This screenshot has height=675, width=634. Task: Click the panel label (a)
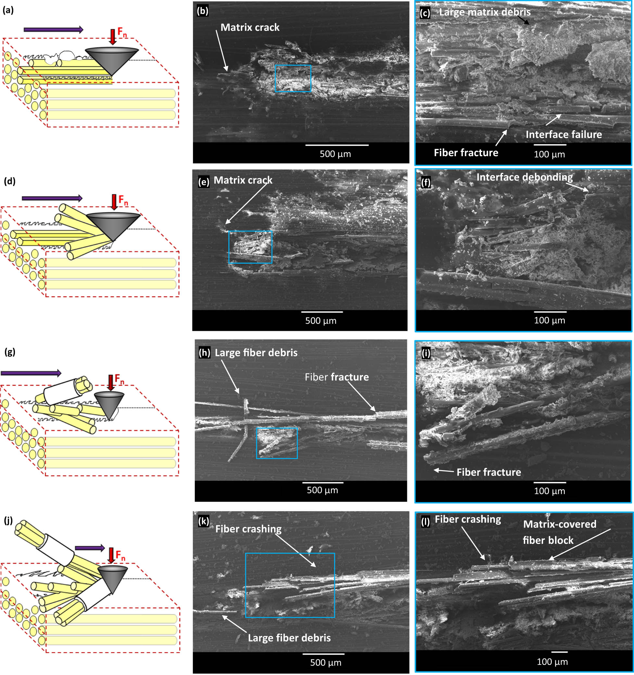tap(8, 10)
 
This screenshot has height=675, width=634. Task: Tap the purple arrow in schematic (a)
tap(53, 30)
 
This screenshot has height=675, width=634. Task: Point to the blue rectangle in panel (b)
tap(293, 79)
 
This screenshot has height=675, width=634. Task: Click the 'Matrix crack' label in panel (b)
tap(250, 28)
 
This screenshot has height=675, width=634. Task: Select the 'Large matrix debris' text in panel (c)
tap(485, 12)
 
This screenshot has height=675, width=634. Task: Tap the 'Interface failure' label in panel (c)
tap(564, 134)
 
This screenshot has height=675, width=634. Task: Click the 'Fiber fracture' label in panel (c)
tap(466, 153)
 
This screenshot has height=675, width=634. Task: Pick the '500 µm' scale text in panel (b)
tap(335, 154)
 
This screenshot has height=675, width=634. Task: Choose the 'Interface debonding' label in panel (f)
tap(525, 177)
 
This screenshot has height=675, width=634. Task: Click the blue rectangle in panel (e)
tap(250, 247)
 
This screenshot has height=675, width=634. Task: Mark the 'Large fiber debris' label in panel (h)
tap(256, 353)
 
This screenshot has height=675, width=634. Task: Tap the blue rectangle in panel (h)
tap(277, 443)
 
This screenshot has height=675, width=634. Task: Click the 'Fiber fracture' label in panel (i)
tap(489, 472)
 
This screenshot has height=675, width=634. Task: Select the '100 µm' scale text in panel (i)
tap(550, 491)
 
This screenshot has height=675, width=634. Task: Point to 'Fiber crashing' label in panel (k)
tap(248, 529)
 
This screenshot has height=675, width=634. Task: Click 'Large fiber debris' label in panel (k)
tap(289, 638)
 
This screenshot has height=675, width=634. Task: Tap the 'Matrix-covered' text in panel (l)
tap(560, 524)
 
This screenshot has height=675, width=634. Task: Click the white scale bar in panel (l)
tap(559, 652)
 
